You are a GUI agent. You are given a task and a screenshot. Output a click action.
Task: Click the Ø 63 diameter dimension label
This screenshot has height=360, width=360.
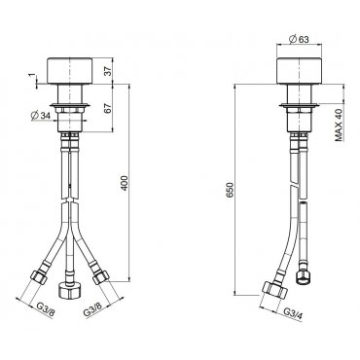click(x=298, y=39)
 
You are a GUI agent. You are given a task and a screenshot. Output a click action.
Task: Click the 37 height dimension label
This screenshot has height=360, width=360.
click(x=109, y=71)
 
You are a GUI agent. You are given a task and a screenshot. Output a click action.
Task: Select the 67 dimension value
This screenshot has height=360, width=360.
click(x=109, y=108)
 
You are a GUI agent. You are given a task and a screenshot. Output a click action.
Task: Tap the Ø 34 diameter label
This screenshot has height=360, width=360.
click(x=41, y=116)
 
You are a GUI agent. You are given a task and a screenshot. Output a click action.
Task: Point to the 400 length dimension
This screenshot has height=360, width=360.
click(x=125, y=183)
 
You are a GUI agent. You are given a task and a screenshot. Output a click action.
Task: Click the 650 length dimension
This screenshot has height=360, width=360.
click(x=230, y=190)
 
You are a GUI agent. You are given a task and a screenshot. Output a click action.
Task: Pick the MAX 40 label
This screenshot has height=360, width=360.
click(x=339, y=125)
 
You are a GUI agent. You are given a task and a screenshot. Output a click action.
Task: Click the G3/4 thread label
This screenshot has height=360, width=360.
click(x=293, y=313)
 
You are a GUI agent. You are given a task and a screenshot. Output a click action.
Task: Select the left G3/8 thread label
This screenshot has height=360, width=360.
click(x=46, y=308)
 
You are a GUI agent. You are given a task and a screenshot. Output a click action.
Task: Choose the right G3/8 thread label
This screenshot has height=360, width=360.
click(x=92, y=309)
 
